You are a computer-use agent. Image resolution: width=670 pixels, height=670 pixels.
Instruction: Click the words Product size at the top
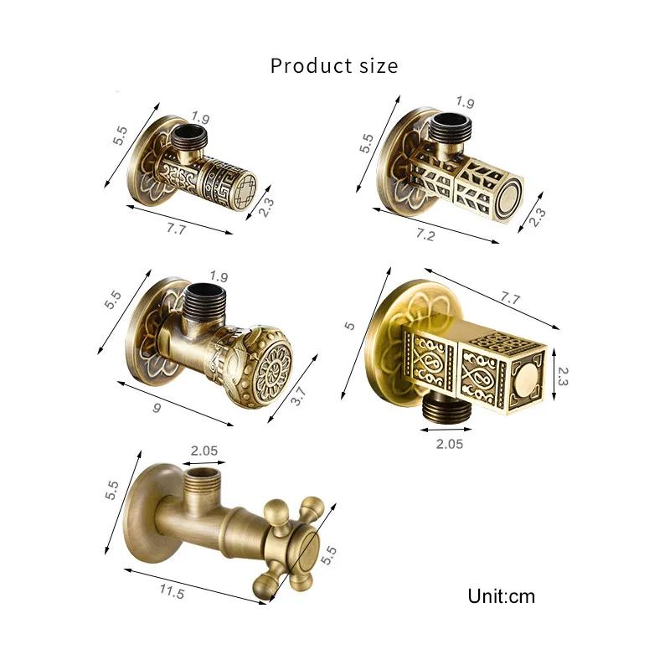(x=334, y=65)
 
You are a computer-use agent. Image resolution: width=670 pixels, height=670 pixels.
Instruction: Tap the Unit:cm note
(x=501, y=596)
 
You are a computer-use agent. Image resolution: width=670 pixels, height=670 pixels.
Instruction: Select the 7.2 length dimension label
(x=425, y=235)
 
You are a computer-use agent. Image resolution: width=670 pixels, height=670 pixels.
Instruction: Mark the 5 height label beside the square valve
(x=349, y=325)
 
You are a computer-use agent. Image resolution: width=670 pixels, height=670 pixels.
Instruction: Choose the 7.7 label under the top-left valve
(x=176, y=229)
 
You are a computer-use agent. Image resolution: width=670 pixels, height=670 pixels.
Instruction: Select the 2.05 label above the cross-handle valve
(x=204, y=450)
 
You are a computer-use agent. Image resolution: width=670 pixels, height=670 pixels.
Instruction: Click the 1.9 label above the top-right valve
(x=466, y=104)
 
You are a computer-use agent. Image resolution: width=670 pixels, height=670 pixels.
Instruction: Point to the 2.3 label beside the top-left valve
(x=265, y=206)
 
